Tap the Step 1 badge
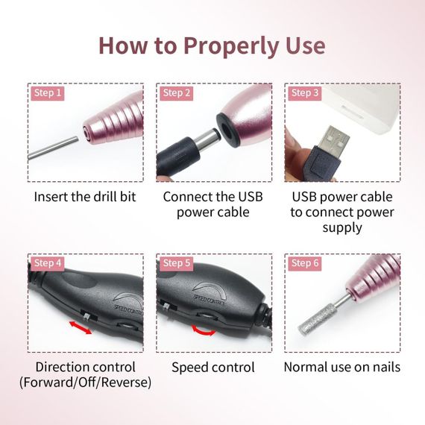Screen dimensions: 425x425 point(48,93)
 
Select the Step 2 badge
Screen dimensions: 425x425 point(177,93)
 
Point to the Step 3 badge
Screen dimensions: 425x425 point(305,93)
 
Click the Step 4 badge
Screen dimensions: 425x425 point(48,263)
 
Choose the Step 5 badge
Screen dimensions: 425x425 point(177,263)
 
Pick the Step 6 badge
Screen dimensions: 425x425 point(305,263)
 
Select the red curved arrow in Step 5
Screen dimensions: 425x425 point(207,329)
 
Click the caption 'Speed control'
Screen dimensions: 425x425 point(212,368)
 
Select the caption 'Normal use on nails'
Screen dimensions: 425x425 point(342,368)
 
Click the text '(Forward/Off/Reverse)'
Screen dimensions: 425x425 point(86,383)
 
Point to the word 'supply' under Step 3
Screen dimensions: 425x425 point(342,228)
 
